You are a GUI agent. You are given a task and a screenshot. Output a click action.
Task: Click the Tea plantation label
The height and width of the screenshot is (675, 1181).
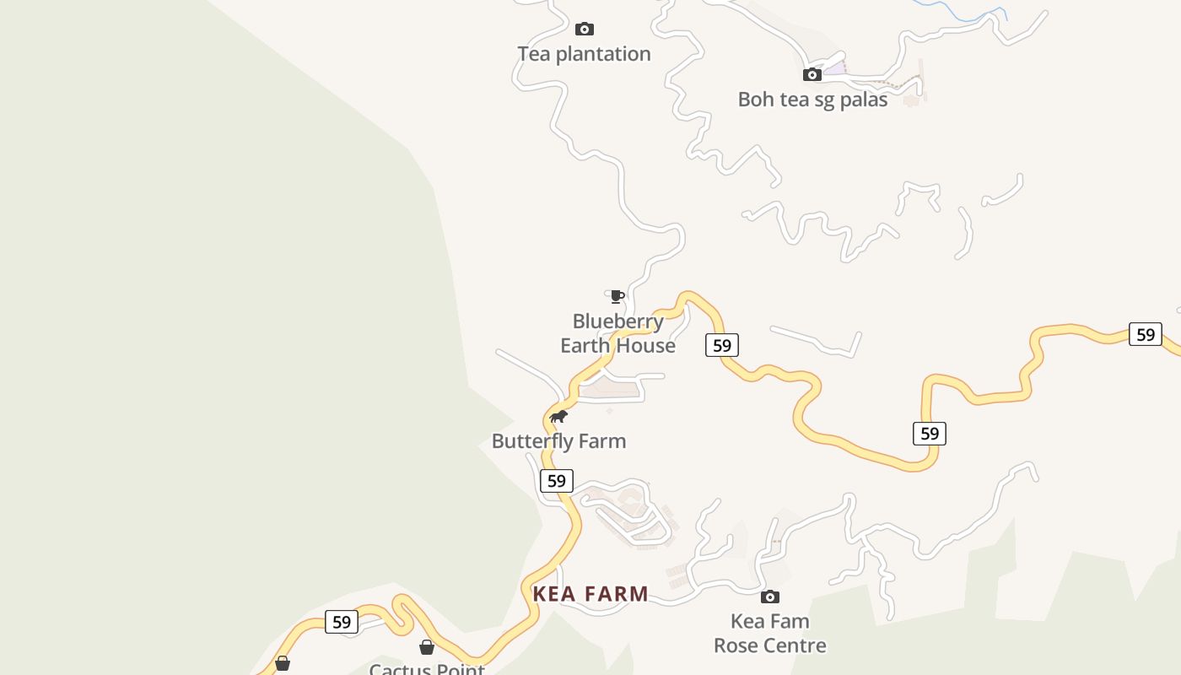584,54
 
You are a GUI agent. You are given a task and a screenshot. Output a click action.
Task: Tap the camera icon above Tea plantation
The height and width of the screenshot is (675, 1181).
584,30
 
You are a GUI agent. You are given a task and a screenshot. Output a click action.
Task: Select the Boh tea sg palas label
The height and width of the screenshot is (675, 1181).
812,100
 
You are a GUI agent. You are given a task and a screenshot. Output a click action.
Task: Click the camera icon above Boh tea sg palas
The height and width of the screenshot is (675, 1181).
812,74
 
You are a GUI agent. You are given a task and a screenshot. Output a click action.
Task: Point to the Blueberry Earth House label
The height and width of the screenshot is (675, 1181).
618,333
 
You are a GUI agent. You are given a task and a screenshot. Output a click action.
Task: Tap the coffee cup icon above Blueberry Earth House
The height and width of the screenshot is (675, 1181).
617,296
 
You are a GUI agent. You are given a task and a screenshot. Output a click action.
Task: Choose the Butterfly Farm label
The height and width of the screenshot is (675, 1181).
558,441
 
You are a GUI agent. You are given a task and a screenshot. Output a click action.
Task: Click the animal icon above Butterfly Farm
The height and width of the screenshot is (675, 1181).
558,416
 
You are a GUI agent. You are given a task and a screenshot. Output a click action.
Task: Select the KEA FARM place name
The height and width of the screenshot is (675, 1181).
590,594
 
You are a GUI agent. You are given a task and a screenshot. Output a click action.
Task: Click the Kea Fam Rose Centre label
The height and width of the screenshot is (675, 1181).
769,634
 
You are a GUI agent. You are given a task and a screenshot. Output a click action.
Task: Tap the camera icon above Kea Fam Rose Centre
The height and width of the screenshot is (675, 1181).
769,597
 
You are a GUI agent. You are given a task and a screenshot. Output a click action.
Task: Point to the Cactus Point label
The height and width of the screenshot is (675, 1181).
427,669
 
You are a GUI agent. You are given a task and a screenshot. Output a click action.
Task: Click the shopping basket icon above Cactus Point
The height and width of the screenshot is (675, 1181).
427,647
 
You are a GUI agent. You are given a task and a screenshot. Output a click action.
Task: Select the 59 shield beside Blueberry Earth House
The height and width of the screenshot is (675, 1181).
722,345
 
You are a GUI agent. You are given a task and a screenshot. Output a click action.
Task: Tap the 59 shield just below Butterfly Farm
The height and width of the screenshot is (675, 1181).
557,481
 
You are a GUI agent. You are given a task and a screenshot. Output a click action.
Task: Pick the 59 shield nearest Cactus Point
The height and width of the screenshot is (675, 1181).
342,622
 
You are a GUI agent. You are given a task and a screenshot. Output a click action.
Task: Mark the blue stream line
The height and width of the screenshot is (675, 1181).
962,15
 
